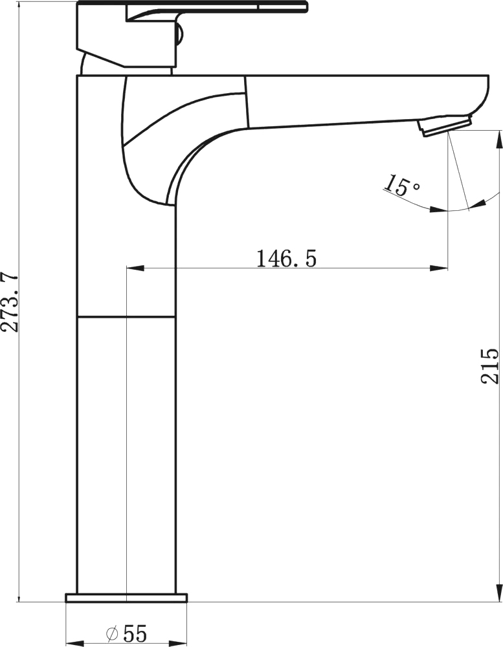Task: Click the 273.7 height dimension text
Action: (x=10, y=302)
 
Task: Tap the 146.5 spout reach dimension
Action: (x=287, y=259)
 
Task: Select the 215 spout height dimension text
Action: (x=490, y=366)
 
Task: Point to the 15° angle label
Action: (x=401, y=185)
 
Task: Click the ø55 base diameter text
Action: (x=126, y=634)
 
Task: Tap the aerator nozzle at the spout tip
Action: (x=445, y=126)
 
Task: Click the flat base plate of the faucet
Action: (x=126, y=598)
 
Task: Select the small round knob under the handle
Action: (x=179, y=34)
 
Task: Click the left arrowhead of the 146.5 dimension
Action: (x=135, y=269)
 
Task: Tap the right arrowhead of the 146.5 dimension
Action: (x=438, y=269)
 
